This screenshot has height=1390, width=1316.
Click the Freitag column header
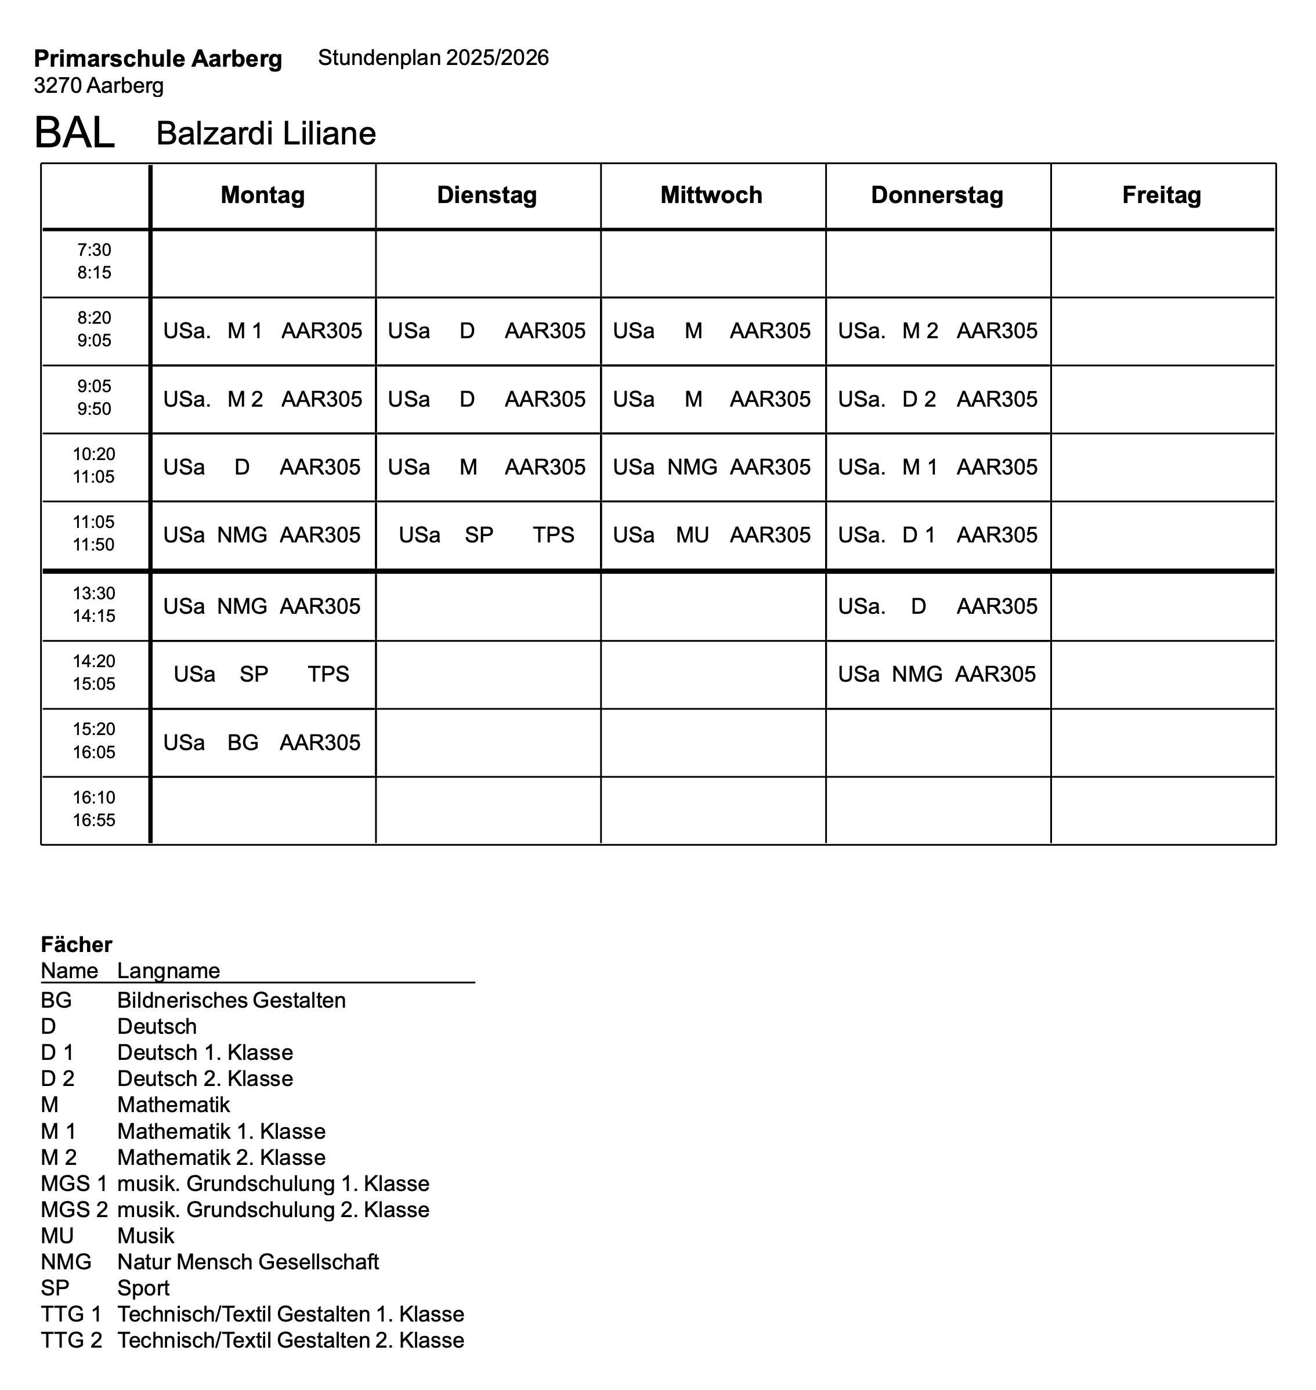coord(1162,195)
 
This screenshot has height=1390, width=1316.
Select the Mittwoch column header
coord(711,195)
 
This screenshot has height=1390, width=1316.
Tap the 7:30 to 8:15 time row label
coord(94,262)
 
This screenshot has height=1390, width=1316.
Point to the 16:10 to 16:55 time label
coord(94,809)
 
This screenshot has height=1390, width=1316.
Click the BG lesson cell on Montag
coord(262,742)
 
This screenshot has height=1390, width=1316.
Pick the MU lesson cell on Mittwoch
coord(711,535)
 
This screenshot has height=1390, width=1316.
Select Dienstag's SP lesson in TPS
coord(487,535)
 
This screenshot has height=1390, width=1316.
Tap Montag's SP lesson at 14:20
coord(262,674)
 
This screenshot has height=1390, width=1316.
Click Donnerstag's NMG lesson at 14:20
coord(937,674)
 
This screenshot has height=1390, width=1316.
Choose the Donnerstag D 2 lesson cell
coord(937,399)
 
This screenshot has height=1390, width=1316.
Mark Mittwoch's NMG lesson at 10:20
coord(711,467)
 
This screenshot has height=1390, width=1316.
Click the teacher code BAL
coord(74,132)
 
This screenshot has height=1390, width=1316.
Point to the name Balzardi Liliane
coord(266,133)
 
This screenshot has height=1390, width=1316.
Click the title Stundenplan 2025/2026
coord(433,57)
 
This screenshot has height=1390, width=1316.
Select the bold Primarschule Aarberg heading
coord(158,59)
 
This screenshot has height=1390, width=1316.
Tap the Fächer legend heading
coord(77,944)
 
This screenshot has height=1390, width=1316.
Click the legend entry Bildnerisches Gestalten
coord(232,1000)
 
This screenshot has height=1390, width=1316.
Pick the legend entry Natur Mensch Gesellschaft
coord(248,1262)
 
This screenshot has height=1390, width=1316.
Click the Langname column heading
coord(168,971)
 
